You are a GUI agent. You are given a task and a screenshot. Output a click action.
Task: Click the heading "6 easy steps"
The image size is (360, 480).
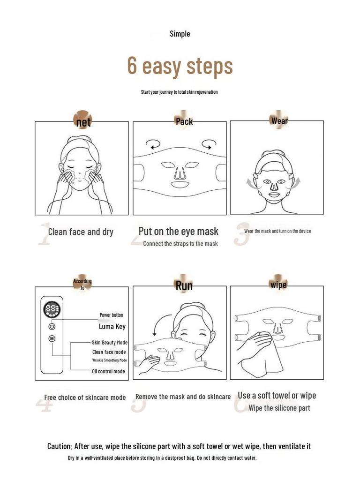[x=180, y=66]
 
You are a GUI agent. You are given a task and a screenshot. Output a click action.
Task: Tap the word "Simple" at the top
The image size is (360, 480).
[x=180, y=34]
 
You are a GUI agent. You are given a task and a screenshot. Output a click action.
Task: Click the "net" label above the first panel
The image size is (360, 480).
[x=83, y=122]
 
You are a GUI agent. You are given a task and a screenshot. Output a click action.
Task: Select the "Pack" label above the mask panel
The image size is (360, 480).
[x=184, y=121]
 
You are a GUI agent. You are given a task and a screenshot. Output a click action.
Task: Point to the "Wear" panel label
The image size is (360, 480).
[x=279, y=121]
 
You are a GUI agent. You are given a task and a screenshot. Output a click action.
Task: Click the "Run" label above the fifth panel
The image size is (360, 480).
[x=184, y=285]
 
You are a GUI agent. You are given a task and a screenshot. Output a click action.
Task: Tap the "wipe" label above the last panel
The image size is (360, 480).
[x=278, y=285]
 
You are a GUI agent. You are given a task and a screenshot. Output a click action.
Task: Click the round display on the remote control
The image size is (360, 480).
[x=52, y=309]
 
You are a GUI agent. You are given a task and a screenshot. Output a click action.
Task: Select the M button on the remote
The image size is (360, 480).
[x=52, y=338]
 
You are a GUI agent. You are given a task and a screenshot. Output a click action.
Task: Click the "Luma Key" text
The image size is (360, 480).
[x=112, y=327]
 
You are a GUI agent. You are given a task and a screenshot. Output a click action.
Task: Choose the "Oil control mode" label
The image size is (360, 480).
[x=108, y=371]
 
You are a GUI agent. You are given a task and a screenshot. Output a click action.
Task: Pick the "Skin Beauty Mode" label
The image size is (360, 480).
[x=110, y=343]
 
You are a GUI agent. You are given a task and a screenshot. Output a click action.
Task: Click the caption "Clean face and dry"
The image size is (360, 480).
[x=81, y=232]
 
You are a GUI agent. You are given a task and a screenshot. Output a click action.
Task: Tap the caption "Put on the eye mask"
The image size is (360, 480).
[x=179, y=231]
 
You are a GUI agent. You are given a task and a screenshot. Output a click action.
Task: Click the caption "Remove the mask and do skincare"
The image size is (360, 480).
[x=183, y=397]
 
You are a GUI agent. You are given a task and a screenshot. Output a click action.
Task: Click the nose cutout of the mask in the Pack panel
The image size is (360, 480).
[x=180, y=172]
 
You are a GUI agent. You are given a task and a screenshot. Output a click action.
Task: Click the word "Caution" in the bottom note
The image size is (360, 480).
[x=60, y=446]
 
